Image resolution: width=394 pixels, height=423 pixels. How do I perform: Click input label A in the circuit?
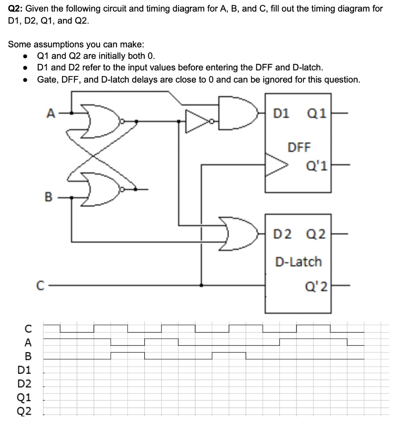50,112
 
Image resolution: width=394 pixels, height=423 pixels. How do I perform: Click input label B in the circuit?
49,197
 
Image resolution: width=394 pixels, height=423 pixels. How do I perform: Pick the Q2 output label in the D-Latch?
315,235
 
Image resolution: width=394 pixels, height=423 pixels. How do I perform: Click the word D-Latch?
298,261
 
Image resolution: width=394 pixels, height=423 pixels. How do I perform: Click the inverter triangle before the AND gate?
197,121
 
